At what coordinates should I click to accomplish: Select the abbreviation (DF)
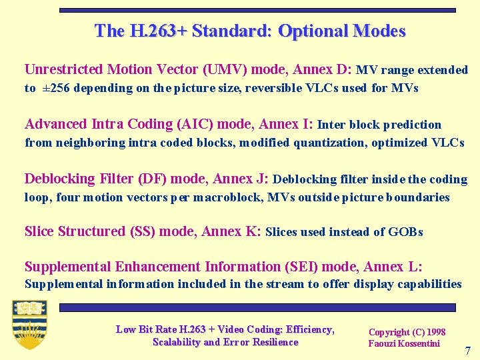coord(152,179)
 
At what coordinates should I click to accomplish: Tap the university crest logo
coord(29,325)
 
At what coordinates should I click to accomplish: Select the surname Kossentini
coord(417,343)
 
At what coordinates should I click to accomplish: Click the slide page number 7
coord(467,351)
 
